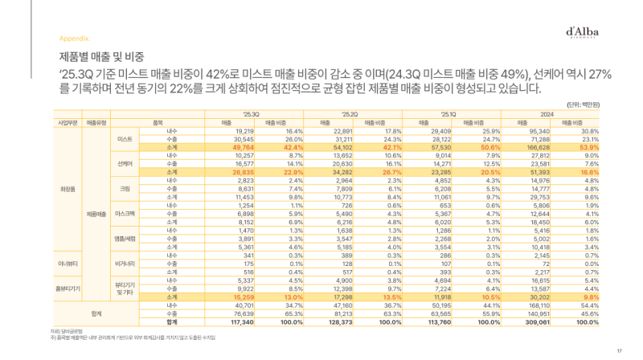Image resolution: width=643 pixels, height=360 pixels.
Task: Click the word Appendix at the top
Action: point(74,38)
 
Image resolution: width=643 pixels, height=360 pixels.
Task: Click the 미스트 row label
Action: point(125,139)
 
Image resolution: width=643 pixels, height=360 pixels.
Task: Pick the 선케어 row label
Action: point(125,164)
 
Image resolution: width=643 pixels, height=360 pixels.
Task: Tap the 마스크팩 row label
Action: point(125,214)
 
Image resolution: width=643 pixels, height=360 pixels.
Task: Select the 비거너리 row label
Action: point(125,264)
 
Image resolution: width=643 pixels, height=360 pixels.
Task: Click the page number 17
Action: point(620,350)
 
